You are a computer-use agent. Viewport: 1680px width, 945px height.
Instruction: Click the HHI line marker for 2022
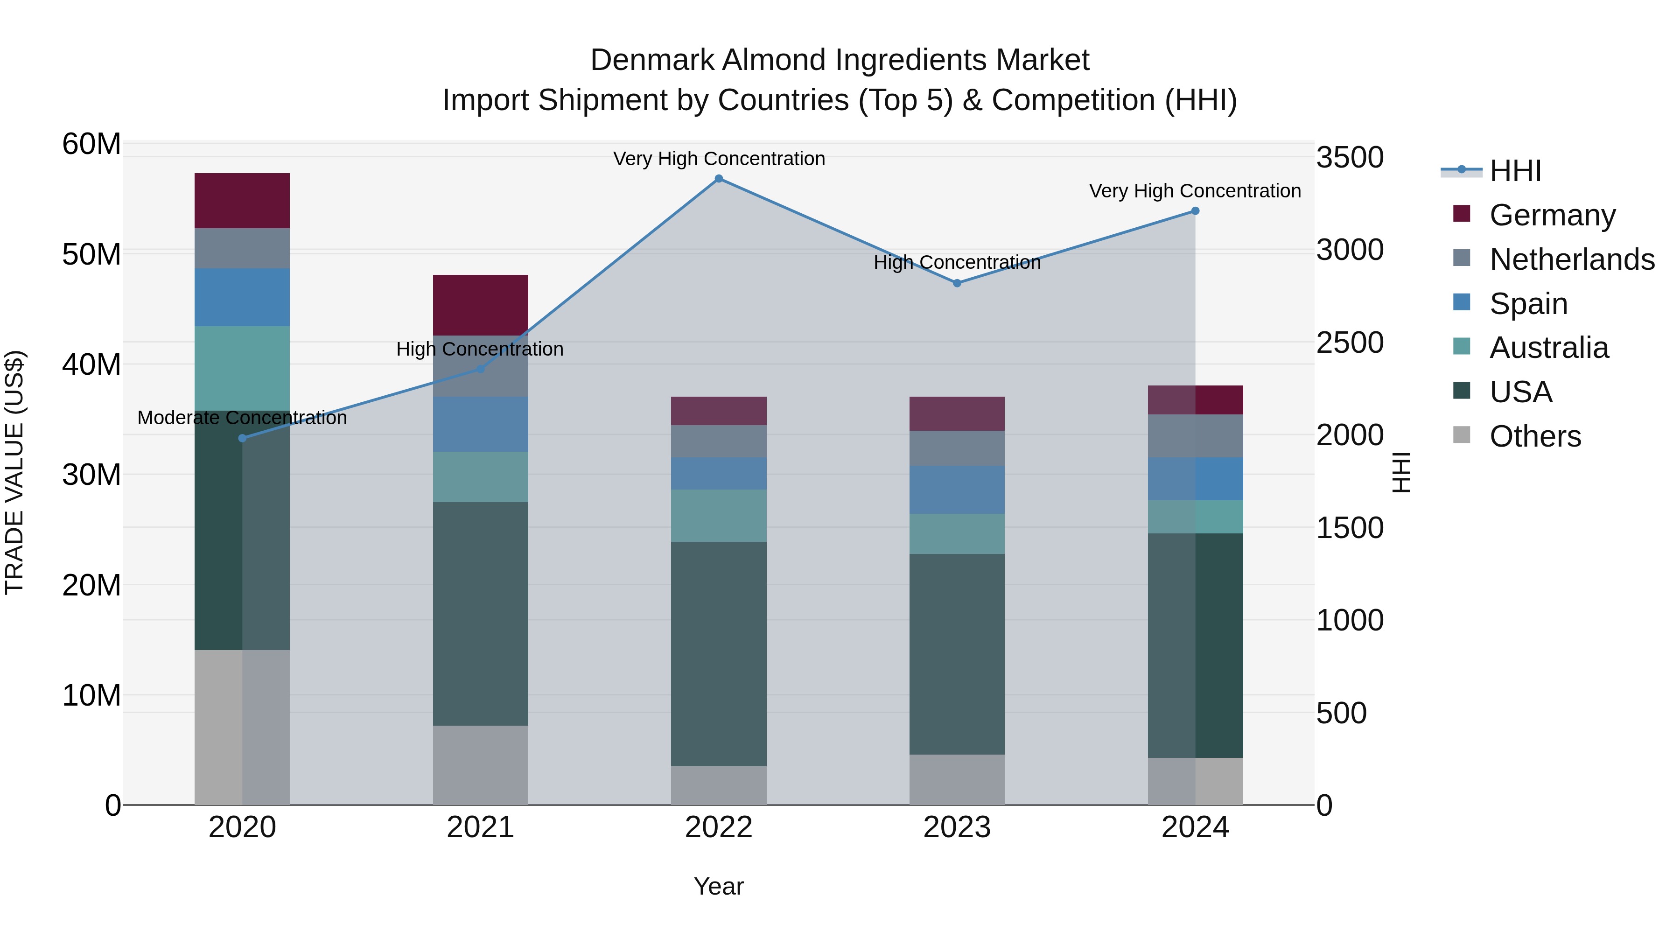pos(719,179)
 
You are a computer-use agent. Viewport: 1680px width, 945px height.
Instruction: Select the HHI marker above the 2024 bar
pos(1195,210)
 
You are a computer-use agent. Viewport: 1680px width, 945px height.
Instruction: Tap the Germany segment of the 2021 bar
pos(480,305)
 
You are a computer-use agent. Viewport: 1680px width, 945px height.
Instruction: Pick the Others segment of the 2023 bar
pos(957,779)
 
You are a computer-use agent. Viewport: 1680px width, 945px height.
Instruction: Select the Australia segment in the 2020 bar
pos(242,369)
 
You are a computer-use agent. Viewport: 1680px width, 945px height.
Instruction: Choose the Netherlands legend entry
pos(1572,259)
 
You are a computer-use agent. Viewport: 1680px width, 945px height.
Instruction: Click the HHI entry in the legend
pos(1515,171)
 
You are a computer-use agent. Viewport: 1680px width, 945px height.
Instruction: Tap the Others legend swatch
pos(1462,435)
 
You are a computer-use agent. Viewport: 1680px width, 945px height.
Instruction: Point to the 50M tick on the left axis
pos(91,254)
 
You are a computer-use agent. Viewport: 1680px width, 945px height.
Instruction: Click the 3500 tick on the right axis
pos(1349,158)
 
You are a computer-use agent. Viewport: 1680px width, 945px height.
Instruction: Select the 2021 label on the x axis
pos(480,827)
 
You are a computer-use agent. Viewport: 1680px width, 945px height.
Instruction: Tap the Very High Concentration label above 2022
pos(719,159)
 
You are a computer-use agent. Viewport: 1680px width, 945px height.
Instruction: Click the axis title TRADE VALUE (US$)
pos(14,472)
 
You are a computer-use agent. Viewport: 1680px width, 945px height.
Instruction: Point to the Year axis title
pos(719,886)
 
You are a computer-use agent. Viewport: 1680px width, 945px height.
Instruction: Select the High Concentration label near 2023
pos(957,263)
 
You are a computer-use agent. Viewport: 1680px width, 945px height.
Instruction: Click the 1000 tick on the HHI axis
pos(1349,620)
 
